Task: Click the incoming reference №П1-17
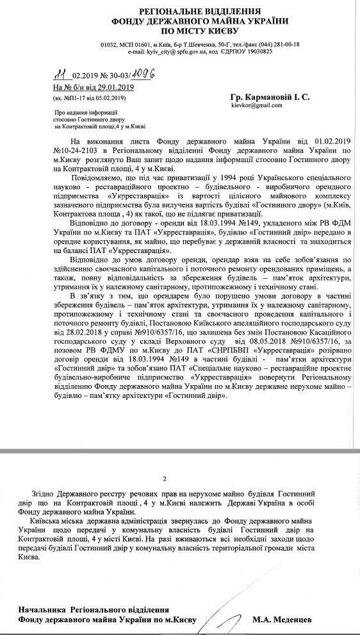pos(77,98)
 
